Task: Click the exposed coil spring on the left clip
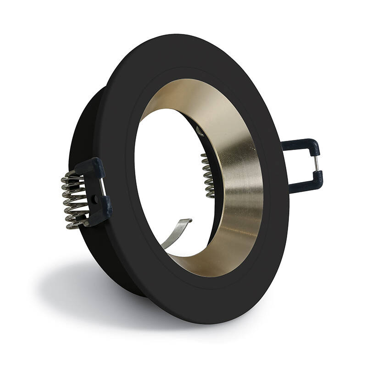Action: point(73,200)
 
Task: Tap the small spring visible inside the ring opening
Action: point(207,175)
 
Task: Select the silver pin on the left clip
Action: point(102,186)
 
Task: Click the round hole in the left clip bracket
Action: point(95,200)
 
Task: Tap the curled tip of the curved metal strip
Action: point(189,222)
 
